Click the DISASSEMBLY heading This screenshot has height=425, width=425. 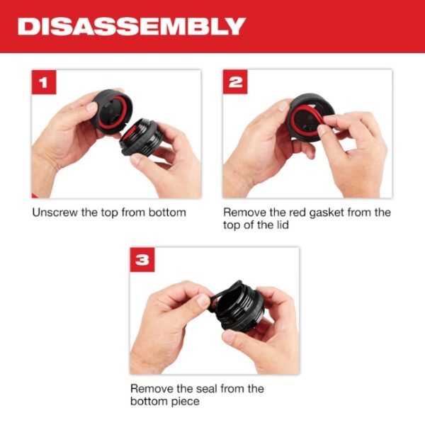(x=131, y=26)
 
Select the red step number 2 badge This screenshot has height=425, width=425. (x=237, y=84)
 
